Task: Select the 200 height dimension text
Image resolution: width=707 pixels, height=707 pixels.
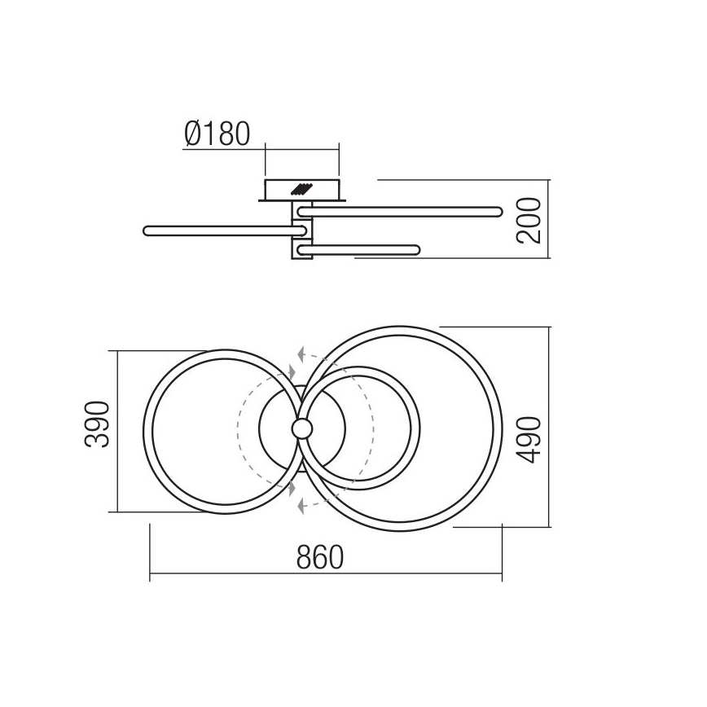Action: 529,219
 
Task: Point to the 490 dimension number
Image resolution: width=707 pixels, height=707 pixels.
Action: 529,440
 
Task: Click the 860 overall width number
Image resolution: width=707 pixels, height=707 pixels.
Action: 320,558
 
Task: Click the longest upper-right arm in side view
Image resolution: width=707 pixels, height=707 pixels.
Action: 399,212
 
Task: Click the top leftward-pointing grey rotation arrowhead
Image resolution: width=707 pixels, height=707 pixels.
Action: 302,354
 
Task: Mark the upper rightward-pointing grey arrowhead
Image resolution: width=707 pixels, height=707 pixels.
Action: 292,371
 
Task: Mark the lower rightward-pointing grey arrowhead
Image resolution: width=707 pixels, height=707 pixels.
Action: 292,486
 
